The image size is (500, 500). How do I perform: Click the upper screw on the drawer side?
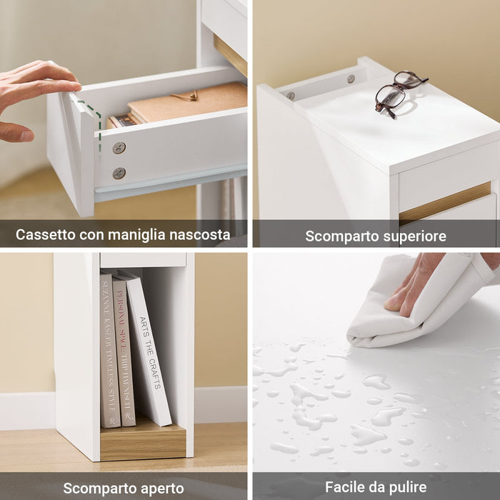click(119, 148)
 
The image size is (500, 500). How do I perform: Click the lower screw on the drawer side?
click(119, 173)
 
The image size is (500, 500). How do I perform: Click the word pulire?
click(408, 488)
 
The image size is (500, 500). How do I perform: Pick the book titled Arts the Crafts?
click(149, 350)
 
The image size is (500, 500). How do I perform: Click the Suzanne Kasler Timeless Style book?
click(107, 350)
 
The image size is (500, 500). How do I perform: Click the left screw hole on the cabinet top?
click(291, 95)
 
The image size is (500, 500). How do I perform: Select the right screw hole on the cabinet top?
click(351, 79)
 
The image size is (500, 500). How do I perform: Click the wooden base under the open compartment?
click(143, 443)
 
